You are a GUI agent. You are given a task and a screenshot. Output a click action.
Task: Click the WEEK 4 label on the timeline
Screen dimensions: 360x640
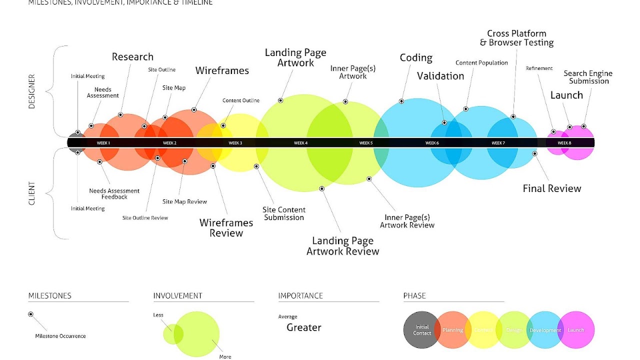pyautogui.click(x=300, y=143)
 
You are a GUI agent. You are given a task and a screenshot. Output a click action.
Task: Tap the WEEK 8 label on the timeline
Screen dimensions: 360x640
pyautogui.click(x=564, y=143)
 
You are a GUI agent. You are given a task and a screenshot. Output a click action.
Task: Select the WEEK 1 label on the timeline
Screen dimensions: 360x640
pyautogui.click(x=103, y=143)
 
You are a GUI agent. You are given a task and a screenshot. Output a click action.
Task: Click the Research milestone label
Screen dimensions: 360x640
pyautogui.click(x=132, y=57)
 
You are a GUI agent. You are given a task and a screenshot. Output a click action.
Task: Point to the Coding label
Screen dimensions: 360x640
pyautogui.click(x=416, y=58)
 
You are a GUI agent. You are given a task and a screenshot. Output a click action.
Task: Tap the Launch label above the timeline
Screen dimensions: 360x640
pyautogui.click(x=566, y=95)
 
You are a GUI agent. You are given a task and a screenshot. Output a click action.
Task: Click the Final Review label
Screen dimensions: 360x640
pyautogui.click(x=552, y=188)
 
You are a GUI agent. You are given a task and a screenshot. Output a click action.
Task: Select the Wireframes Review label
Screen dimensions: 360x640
pyautogui.click(x=226, y=228)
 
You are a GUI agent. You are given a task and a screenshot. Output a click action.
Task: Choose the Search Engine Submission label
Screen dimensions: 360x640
pyautogui.click(x=588, y=77)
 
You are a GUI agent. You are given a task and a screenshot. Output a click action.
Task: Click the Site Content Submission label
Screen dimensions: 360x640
pyautogui.click(x=284, y=213)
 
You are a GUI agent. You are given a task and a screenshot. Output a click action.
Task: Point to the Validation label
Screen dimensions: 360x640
pyautogui.click(x=440, y=76)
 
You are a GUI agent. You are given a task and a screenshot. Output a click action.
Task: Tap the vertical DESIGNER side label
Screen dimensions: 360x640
pyautogui.click(x=32, y=91)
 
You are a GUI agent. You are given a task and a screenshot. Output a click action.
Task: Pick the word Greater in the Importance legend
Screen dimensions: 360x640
pyautogui.click(x=304, y=328)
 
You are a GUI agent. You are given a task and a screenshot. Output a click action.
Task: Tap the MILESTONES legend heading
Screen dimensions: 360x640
pyautogui.click(x=49, y=296)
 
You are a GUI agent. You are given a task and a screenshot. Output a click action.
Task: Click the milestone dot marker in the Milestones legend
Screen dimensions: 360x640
pyautogui.click(x=31, y=314)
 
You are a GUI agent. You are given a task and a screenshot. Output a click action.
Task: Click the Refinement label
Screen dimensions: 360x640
pyautogui.click(x=539, y=68)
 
